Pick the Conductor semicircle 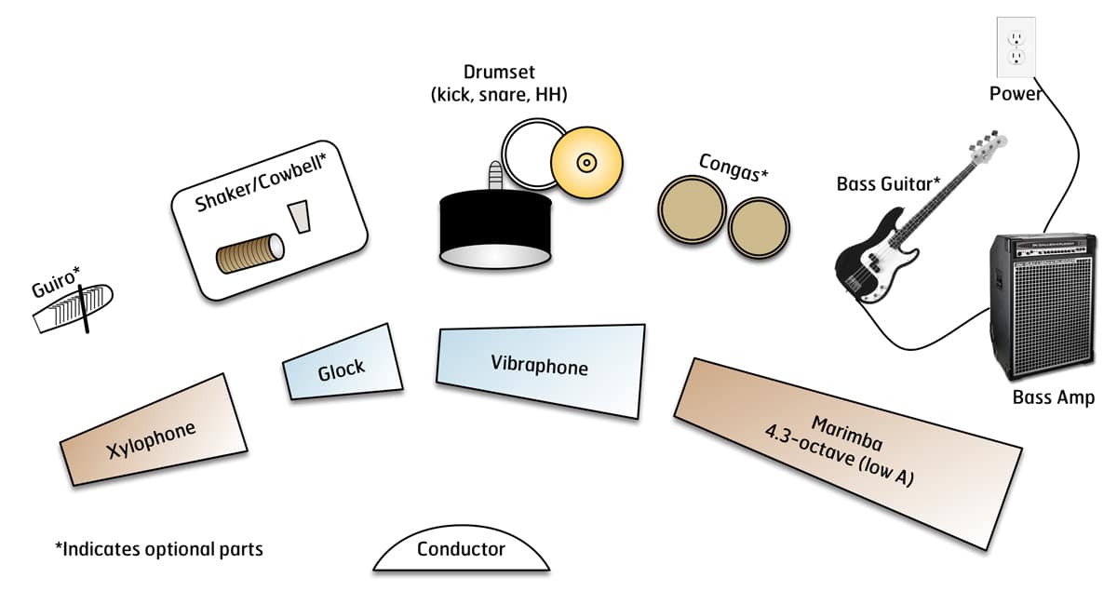tap(461, 553)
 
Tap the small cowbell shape tap(299, 216)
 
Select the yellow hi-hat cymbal tap(586, 164)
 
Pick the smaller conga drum tap(758, 228)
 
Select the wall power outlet tap(1016, 47)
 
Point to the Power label tap(1016, 94)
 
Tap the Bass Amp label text tap(1053, 398)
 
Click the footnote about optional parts tap(159, 549)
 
